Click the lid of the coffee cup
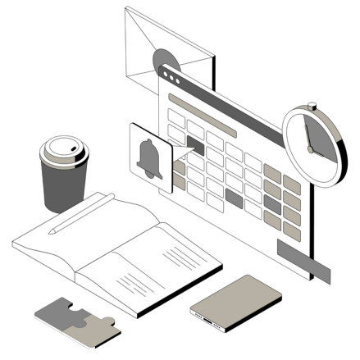(x=65, y=153)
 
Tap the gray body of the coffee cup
(x=63, y=188)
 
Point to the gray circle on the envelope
(x=164, y=62)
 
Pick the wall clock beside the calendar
(x=312, y=143)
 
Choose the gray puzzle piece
(x=57, y=312)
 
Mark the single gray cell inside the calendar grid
(x=235, y=197)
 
